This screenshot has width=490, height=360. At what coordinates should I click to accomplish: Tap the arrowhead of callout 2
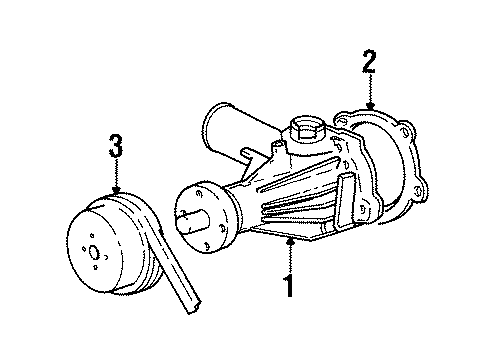369,108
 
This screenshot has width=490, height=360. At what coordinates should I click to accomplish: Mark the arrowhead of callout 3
117,193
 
